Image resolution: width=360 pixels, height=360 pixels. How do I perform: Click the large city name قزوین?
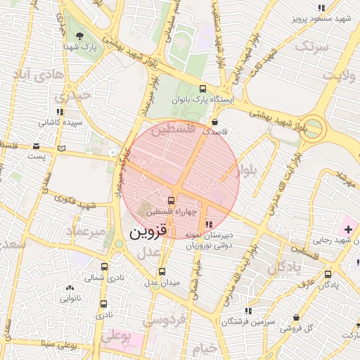click(152, 232)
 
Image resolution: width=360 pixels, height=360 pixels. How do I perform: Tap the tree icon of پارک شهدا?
click(79, 35)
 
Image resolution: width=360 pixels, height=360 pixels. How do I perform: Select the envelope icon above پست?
click(36, 146)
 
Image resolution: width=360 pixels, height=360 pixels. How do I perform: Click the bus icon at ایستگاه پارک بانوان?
click(203, 89)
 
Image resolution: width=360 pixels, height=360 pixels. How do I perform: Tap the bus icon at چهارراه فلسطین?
click(172, 200)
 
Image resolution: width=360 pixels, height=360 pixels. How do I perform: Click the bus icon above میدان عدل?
click(162, 271)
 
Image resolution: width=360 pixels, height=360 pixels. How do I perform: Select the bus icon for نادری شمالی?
click(104, 267)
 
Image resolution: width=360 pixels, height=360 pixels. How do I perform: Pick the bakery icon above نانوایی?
click(69, 288)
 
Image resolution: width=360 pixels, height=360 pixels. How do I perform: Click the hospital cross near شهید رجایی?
click(348, 229)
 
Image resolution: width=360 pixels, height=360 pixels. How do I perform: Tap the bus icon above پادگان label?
click(325, 275)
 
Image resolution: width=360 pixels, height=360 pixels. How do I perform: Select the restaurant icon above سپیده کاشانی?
click(60, 111)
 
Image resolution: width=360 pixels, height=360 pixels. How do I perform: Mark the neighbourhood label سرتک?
click(312, 46)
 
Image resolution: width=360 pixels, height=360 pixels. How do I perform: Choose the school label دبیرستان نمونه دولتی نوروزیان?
click(210, 241)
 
